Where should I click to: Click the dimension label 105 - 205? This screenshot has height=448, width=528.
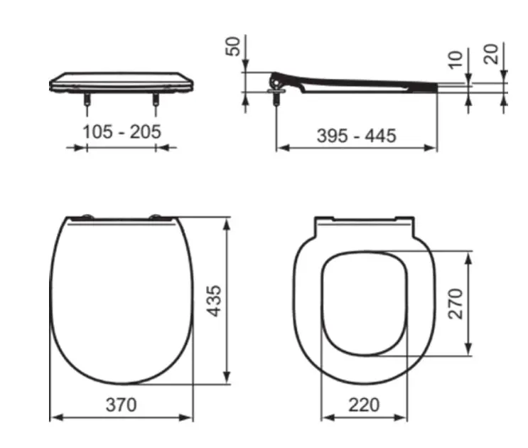tap(122, 132)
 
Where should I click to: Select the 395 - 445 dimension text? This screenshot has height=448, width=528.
tap(357, 136)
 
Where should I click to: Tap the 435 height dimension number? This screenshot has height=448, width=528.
tap(214, 301)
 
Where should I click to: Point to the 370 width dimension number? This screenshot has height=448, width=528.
tap(122, 405)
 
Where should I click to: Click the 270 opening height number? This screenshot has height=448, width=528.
tap(456, 303)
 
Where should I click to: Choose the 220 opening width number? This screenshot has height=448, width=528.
tap(364, 405)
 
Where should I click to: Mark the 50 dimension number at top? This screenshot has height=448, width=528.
tap(233, 46)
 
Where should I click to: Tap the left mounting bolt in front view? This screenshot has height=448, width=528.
tap(87, 99)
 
